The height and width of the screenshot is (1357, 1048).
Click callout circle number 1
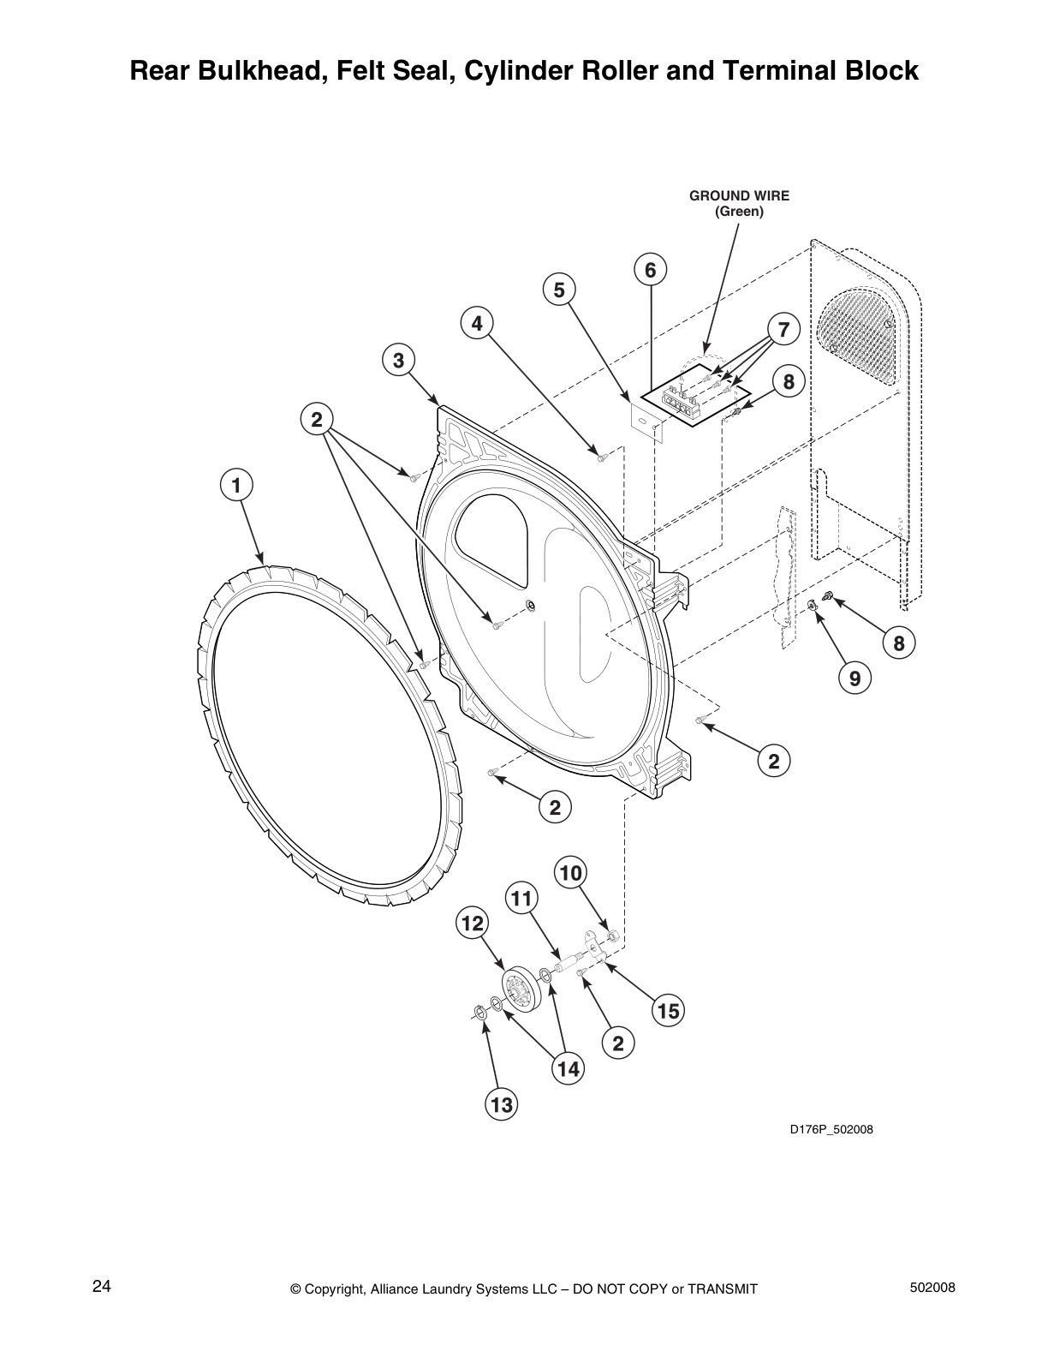coord(236,485)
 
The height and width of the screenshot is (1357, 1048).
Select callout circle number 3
coord(399,361)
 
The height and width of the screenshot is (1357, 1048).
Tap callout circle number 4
coord(477,323)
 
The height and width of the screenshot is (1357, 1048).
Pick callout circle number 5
coord(559,290)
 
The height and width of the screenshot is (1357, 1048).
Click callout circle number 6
coord(651,270)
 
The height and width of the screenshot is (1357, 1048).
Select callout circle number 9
coord(854,679)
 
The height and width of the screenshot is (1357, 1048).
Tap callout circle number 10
coord(571,873)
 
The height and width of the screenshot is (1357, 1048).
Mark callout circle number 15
coord(669,1011)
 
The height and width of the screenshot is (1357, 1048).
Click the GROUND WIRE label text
coord(739,195)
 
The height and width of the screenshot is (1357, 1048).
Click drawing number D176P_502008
coord(831,1129)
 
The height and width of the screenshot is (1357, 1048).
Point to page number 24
coord(101,1286)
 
